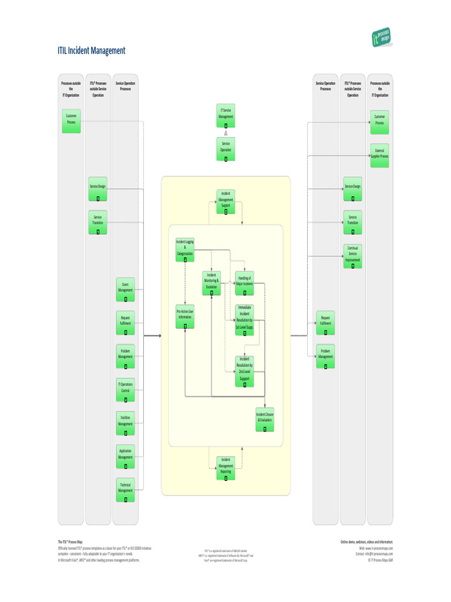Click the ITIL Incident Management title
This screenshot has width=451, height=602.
(91, 51)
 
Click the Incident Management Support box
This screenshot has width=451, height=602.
(225, 202)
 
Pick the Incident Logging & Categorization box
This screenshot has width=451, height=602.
(185, 250)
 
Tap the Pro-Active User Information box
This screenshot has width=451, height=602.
(185, 316)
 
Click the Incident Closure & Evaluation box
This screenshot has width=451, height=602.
(265, 419)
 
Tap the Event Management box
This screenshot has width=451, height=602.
(125, 289)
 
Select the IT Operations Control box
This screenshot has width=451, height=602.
(125, 390)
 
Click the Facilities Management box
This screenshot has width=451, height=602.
(125, 423)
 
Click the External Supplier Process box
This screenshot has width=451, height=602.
(380, 155)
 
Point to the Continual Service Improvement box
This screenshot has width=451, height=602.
(352, 256)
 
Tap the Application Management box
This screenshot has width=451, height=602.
(125, 457)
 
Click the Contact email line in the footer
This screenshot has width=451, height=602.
(374, 554)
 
